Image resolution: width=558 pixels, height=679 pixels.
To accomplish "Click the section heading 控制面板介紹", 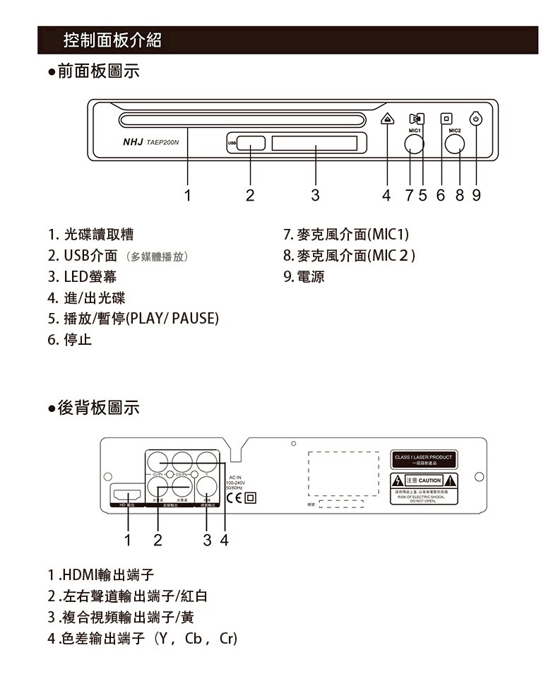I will (x=112, y=40).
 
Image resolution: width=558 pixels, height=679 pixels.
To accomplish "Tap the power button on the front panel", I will (x=476, y=119).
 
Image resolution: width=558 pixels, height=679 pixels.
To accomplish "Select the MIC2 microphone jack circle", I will (x=454, y=144).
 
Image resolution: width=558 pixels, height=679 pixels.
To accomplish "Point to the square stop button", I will (x=445, y=119).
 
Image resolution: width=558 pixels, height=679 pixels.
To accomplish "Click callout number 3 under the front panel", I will (x=315, y=195).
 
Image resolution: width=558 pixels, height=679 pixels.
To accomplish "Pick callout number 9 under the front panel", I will (x=476, y=195).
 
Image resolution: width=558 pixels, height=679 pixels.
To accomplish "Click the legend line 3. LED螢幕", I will (x=78, y=276).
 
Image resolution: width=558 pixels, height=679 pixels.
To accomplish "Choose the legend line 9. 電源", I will (x=304, y=276).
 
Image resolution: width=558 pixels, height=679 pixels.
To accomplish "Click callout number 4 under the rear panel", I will (x=224, y=541).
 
